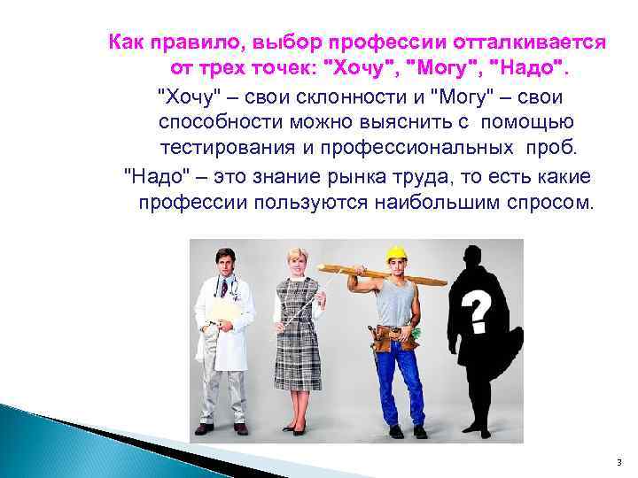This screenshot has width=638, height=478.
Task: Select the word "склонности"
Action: (356, 96)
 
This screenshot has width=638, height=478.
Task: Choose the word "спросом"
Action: (552, 202)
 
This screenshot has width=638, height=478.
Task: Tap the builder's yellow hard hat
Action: (396, 253)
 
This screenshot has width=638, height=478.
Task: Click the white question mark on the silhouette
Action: (478, 311)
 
